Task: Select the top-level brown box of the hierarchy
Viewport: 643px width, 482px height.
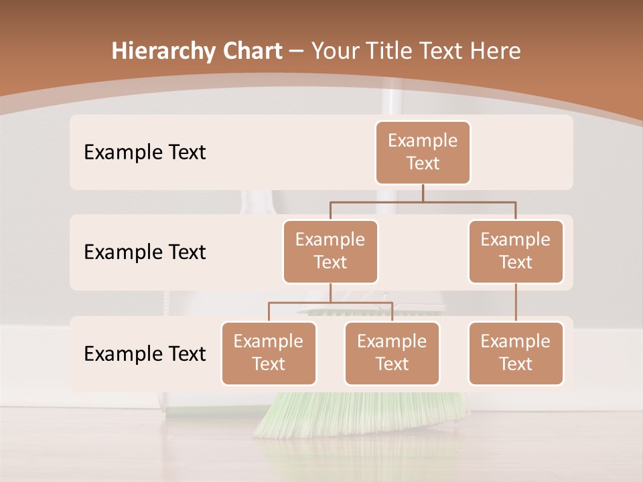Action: click(x=423, y=152)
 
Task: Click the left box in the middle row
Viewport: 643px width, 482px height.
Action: click(x=330, y=251)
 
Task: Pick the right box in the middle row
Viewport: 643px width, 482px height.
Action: click(x=516, y=251)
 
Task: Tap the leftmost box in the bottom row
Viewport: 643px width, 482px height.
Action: click(x=269, y=353)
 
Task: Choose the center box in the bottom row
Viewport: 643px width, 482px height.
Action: click(x=392, y=353)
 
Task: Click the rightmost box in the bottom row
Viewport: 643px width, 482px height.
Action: click(x=516, y=353)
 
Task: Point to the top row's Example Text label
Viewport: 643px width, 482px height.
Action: click(x=145, y=153)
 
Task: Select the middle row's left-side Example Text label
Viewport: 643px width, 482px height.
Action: click(x=145, y=252)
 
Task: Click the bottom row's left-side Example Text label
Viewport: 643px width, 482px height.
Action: click(x=145, y=353)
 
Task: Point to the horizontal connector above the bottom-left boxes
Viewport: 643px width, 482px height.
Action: click(x=330, y=303)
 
